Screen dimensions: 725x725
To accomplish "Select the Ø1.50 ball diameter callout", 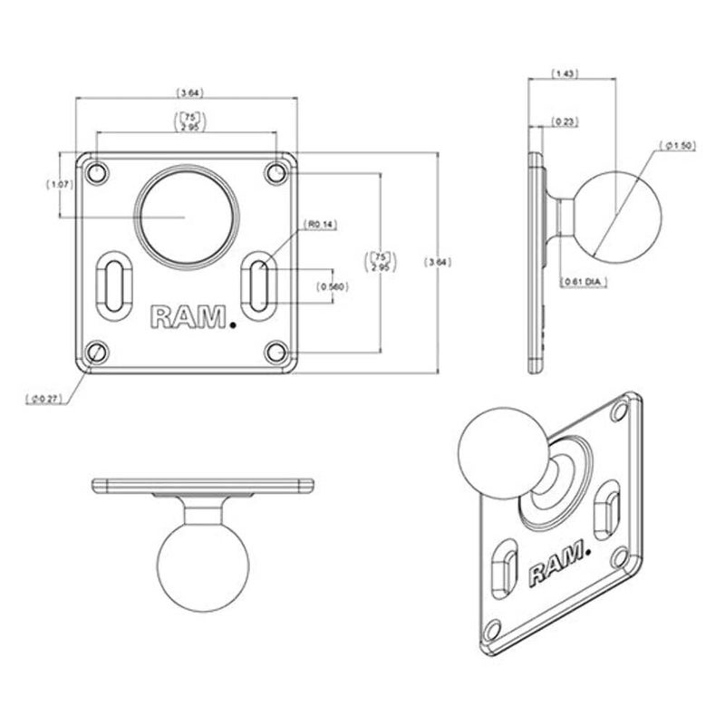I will [680, 145].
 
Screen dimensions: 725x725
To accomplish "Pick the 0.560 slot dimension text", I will [333, 286].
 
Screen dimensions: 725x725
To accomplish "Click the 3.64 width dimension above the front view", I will [189, 92].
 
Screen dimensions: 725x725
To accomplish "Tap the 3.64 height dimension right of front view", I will [438, 263].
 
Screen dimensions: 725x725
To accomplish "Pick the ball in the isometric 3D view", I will [501, 450].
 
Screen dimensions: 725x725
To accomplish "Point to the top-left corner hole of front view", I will [98, 171].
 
